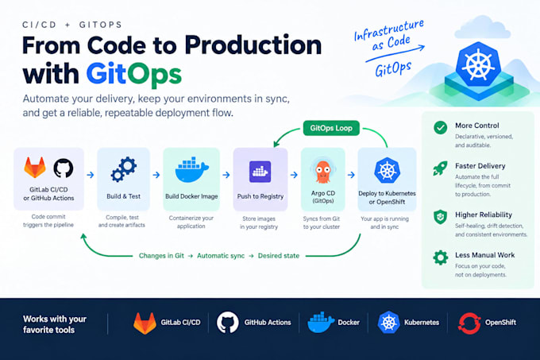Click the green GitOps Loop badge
(331, 128)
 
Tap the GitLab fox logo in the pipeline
(35, 168)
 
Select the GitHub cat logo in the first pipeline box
(64, 168)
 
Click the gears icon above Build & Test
(124, 169)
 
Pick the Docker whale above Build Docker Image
(192, 170)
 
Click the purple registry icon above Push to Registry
(260, 171)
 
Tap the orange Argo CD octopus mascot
(323, 171)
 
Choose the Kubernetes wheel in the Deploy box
(387, 170)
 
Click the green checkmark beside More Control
(441, 127)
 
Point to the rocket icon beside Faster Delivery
(440, 168)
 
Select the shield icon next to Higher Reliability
(440, 217)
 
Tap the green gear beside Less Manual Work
(441, 257)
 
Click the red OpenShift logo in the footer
(469, 323)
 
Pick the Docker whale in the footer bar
(320, 323)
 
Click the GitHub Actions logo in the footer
(228, 323)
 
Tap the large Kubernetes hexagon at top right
(478, 64)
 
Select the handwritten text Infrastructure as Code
(390, 35)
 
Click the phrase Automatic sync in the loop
(221, 256)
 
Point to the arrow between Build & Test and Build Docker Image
(156, 175)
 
